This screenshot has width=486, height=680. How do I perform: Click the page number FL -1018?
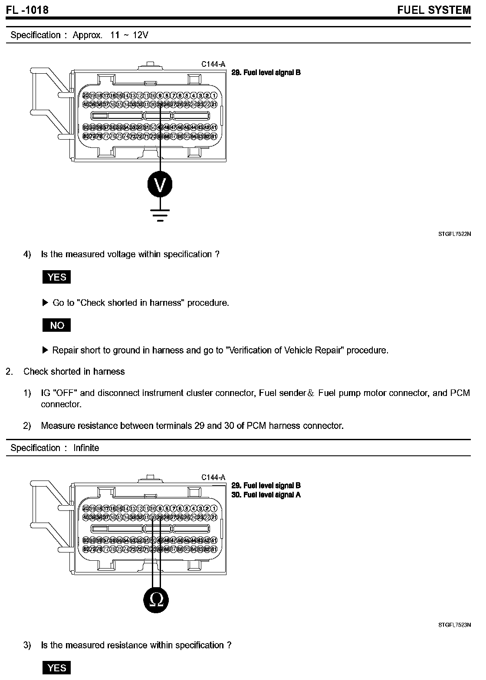pos(27,10)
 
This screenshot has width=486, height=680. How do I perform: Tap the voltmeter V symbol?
pos(160,185)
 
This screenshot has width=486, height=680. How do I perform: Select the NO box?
pos(56,325)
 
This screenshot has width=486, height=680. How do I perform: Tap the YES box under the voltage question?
pos(56,277)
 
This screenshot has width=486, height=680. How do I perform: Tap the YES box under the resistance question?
pos(56,668)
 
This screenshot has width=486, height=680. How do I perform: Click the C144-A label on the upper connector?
pos(213,64)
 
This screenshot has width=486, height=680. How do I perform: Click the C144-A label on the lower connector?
pos(213,477)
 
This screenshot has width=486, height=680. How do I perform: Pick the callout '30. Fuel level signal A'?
pos(266,495)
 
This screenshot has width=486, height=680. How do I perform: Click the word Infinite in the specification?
pos(86,448)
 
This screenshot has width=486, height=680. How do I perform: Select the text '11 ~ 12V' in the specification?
pos(129,35)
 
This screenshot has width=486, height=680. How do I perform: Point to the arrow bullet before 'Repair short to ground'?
pos(45,350)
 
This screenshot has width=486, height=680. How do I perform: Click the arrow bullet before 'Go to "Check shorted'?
pos(45,303)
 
